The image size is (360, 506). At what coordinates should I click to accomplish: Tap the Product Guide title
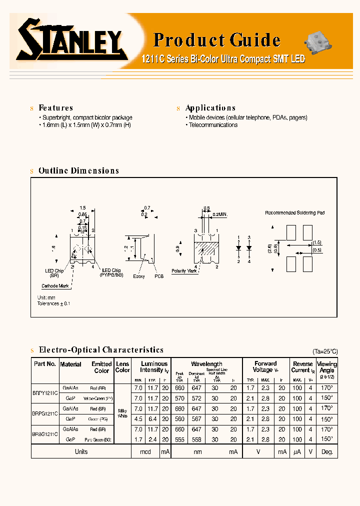point(216,39)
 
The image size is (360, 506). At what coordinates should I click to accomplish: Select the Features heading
point(55,108)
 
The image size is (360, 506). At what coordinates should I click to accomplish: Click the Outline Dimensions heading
point(78,170)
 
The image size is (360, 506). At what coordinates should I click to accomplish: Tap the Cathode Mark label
point(55,286)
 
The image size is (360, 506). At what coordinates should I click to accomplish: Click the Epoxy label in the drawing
point(139,276)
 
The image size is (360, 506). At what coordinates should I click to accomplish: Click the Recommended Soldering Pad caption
point(294,213)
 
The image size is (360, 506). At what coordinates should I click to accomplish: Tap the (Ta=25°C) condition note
point(324,351)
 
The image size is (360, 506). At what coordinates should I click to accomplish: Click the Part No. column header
point(44,364)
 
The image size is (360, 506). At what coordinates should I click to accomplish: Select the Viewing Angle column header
point(327,367)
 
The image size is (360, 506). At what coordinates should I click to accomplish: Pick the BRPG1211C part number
point(45,414)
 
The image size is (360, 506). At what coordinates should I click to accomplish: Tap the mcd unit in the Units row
point(145,451)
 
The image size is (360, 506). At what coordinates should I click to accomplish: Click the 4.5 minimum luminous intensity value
point(138,419)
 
